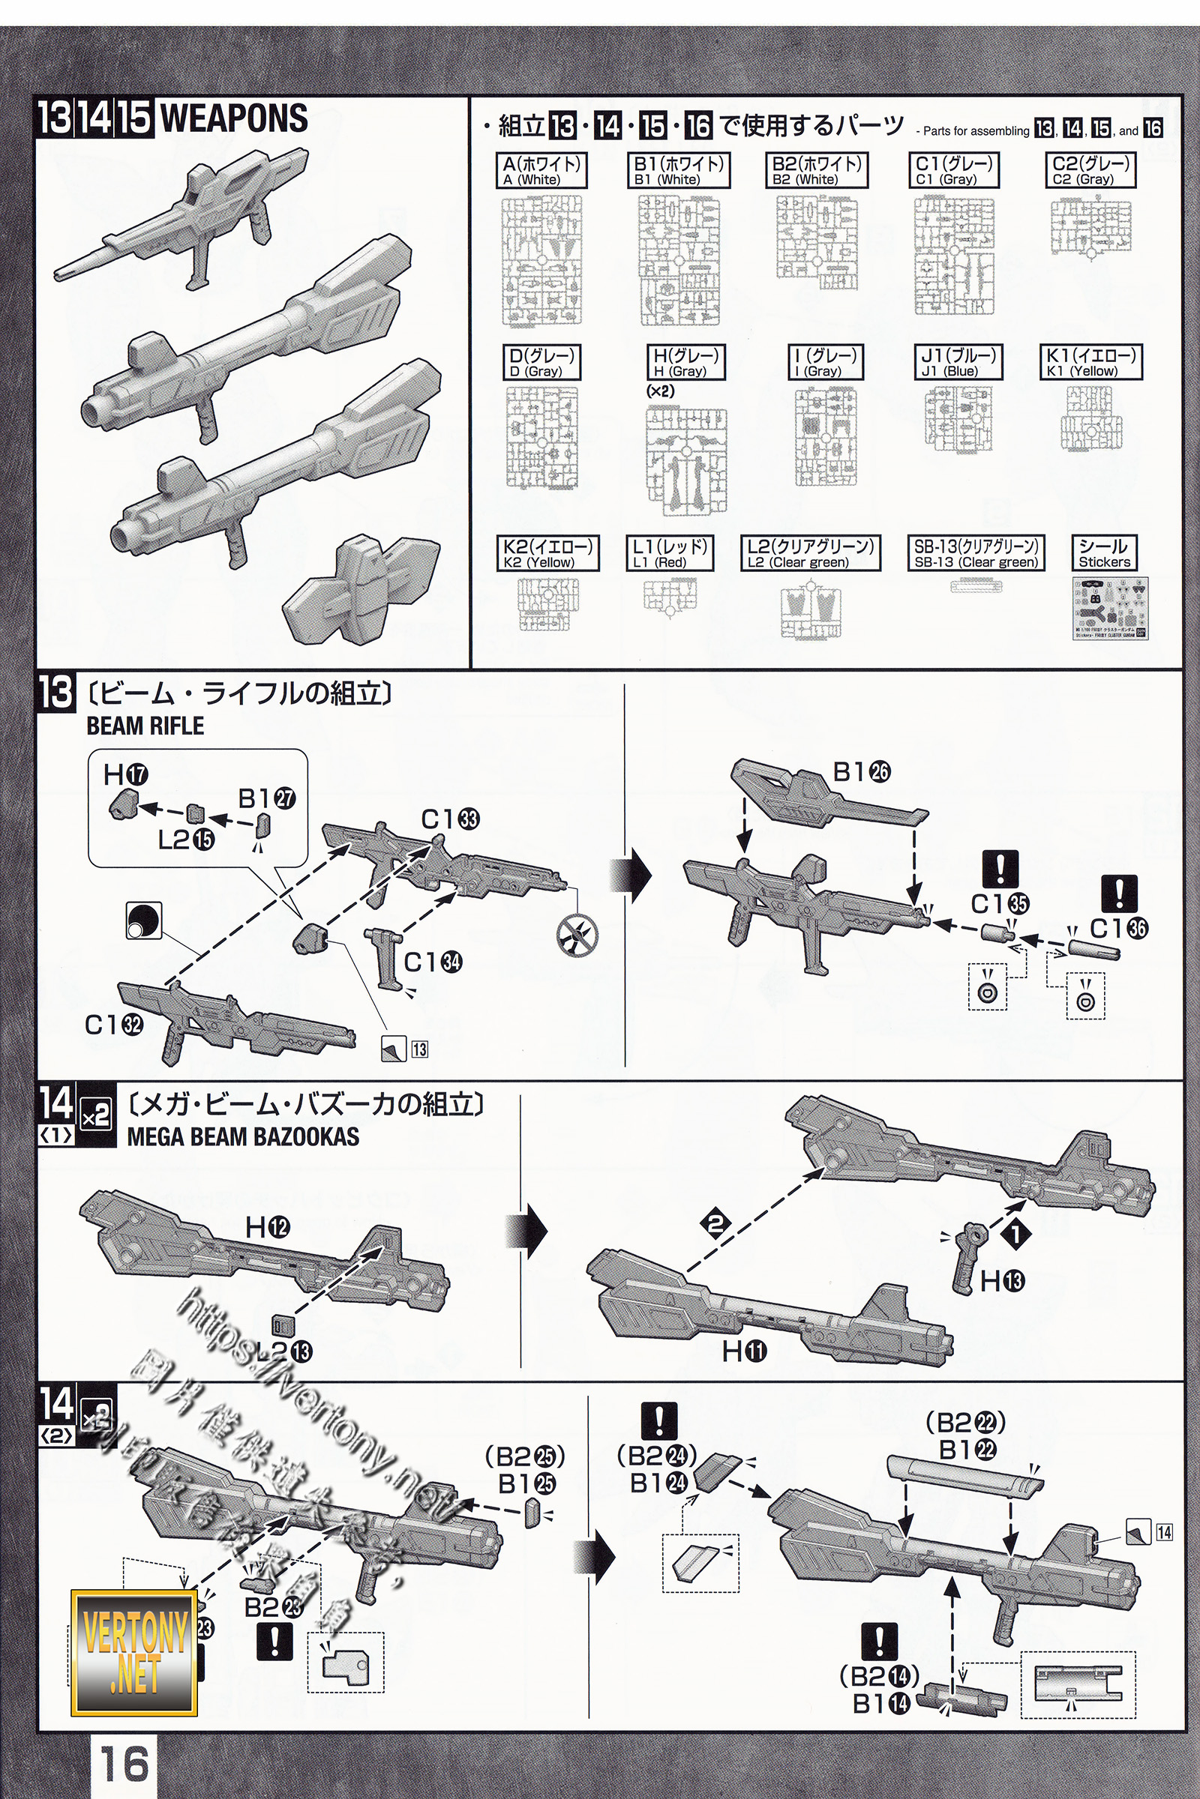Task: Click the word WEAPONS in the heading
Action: pos(233,118)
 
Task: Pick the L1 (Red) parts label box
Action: pos(669,553)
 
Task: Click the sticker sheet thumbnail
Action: pos(1110,608)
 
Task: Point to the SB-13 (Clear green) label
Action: pos(976,553)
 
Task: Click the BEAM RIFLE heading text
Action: pos(145,726)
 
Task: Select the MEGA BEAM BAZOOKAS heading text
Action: pos(242,1136)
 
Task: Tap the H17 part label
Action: pos(125,776)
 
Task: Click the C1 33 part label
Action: pos(450,819)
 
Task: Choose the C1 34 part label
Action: pos(433,962)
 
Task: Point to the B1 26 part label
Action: pos(861,773)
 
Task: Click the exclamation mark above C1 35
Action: pos(1000,869)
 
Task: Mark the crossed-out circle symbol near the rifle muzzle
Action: pos(577,934)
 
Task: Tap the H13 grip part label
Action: pos(1002,1280)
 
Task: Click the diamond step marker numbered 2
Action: pos(715,1225)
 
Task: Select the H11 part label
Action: pos(744,1351)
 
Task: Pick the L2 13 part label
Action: pos(283,1352)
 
